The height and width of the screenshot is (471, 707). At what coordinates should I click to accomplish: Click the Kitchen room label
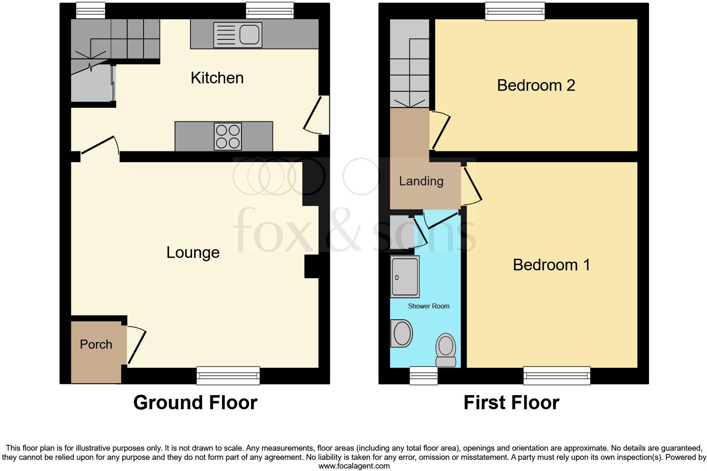click(x=217, y=78)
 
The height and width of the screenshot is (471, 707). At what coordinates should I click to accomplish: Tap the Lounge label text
click(x=193, y=252)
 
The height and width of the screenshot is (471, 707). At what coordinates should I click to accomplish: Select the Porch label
click(x=96, y=345)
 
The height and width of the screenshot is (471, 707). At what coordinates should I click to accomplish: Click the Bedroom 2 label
click(x=536, y=85)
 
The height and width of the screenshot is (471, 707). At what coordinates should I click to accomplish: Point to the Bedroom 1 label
click(x=551, y=265)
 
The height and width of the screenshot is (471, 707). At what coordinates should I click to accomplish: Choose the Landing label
click(x=421, y=181)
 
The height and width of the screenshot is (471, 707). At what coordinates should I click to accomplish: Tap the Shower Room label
click(x=429, y=306)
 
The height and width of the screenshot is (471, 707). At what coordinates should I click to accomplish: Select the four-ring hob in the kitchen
click(x=228, y=136)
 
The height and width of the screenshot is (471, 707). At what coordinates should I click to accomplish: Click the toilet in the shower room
click(x=446, y=349)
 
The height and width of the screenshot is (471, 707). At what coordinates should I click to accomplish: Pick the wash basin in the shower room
click(x=402, y=333)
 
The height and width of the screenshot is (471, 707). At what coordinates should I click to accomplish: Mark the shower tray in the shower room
click(x=405, y=277)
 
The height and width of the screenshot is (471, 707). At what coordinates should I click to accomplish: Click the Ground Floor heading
click(x=195, y=403)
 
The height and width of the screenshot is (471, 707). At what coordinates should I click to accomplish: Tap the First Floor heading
click(x=511, y=403)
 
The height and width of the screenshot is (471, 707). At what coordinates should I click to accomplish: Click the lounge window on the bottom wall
click(x=228, y=375)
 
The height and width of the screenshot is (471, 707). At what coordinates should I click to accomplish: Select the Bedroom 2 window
click(x=515, y=11)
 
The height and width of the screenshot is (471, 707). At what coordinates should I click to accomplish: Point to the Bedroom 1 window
click(x=556, y=375)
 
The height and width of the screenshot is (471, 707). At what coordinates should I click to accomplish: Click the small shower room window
click(x=423, y=376)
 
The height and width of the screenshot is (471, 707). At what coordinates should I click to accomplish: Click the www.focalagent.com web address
click(x=354, y=466)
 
